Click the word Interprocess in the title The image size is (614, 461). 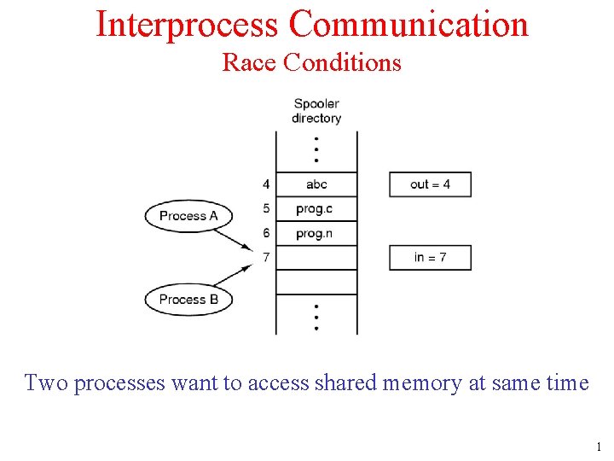[187, 24]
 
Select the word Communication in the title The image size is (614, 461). [408, 24]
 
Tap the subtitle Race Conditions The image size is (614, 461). [311, 62]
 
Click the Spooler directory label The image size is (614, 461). [316, 111]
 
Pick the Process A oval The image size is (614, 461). [188, 216]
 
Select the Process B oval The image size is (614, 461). [188, 300]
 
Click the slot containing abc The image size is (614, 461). [316, 184]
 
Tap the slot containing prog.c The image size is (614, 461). [316, 209]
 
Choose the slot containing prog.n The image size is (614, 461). [316, 233]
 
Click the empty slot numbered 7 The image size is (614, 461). [316, 258]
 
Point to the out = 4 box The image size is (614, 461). [430, 184]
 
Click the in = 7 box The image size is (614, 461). [430, 258]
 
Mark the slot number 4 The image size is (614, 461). [266, 184]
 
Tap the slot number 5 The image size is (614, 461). [266, 209]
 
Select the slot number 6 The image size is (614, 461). [266, 233]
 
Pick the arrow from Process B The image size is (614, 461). [234, 276]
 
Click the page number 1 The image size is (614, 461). [599, 446]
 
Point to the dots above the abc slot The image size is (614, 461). [316, 149]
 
